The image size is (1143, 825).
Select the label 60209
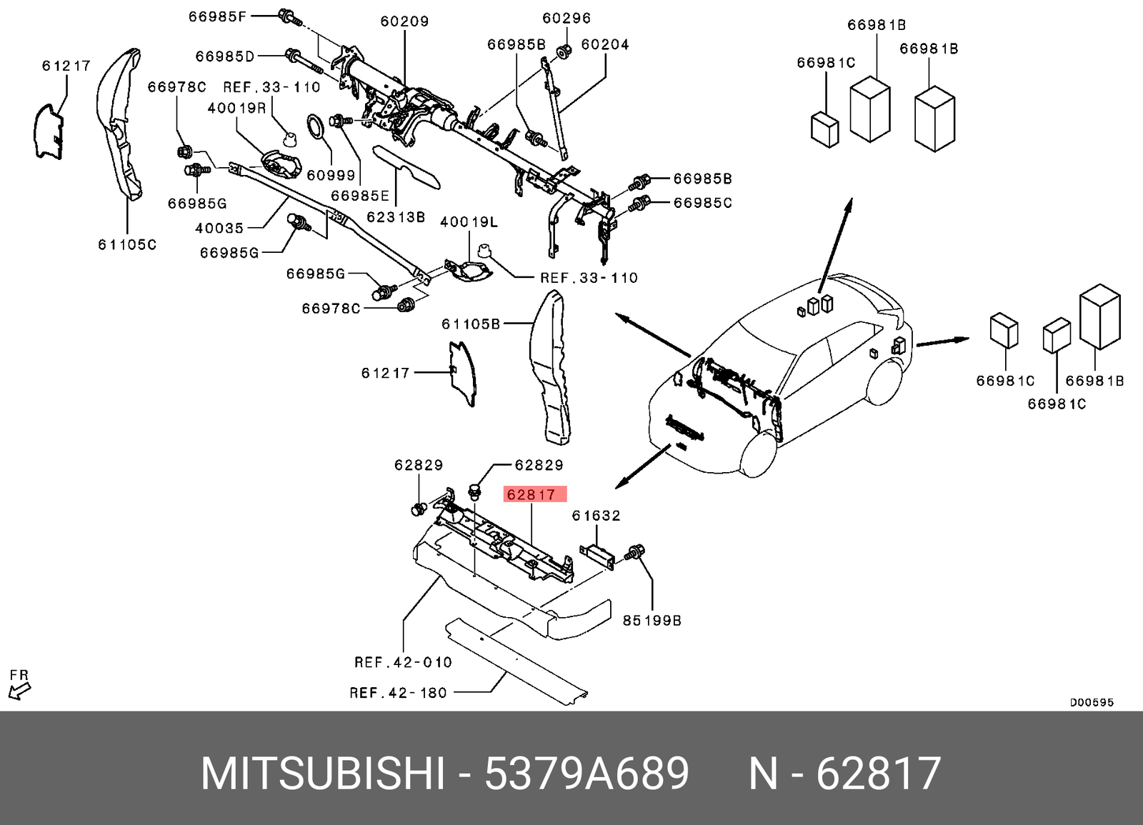point(404,21)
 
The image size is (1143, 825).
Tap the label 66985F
point(217,16)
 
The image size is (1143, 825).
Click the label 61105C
point(127,244)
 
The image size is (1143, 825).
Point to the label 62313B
point(396,216)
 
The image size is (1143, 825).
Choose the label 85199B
point(652,620)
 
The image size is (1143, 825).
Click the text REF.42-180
point(398,692)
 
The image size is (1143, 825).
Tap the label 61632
point(596,515)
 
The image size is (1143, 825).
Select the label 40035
point(219,228)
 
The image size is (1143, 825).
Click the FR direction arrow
point(19,690)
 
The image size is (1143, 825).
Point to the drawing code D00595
point(1091,702)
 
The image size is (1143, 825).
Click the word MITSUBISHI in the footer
point(322,774)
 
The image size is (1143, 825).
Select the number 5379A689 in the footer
point(587,774)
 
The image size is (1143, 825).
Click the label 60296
point(566,19)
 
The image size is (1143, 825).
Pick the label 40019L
point(469,222)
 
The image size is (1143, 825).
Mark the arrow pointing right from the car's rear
point(942,341)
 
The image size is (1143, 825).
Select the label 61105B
point(470,324)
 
